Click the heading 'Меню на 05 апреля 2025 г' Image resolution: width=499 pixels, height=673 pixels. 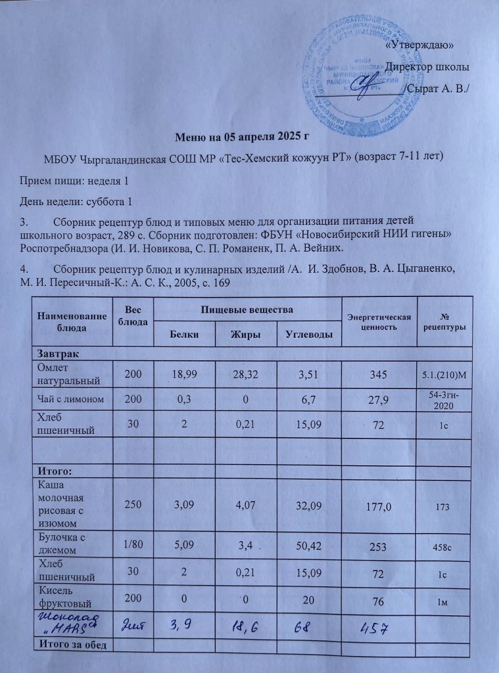[241, 137]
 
